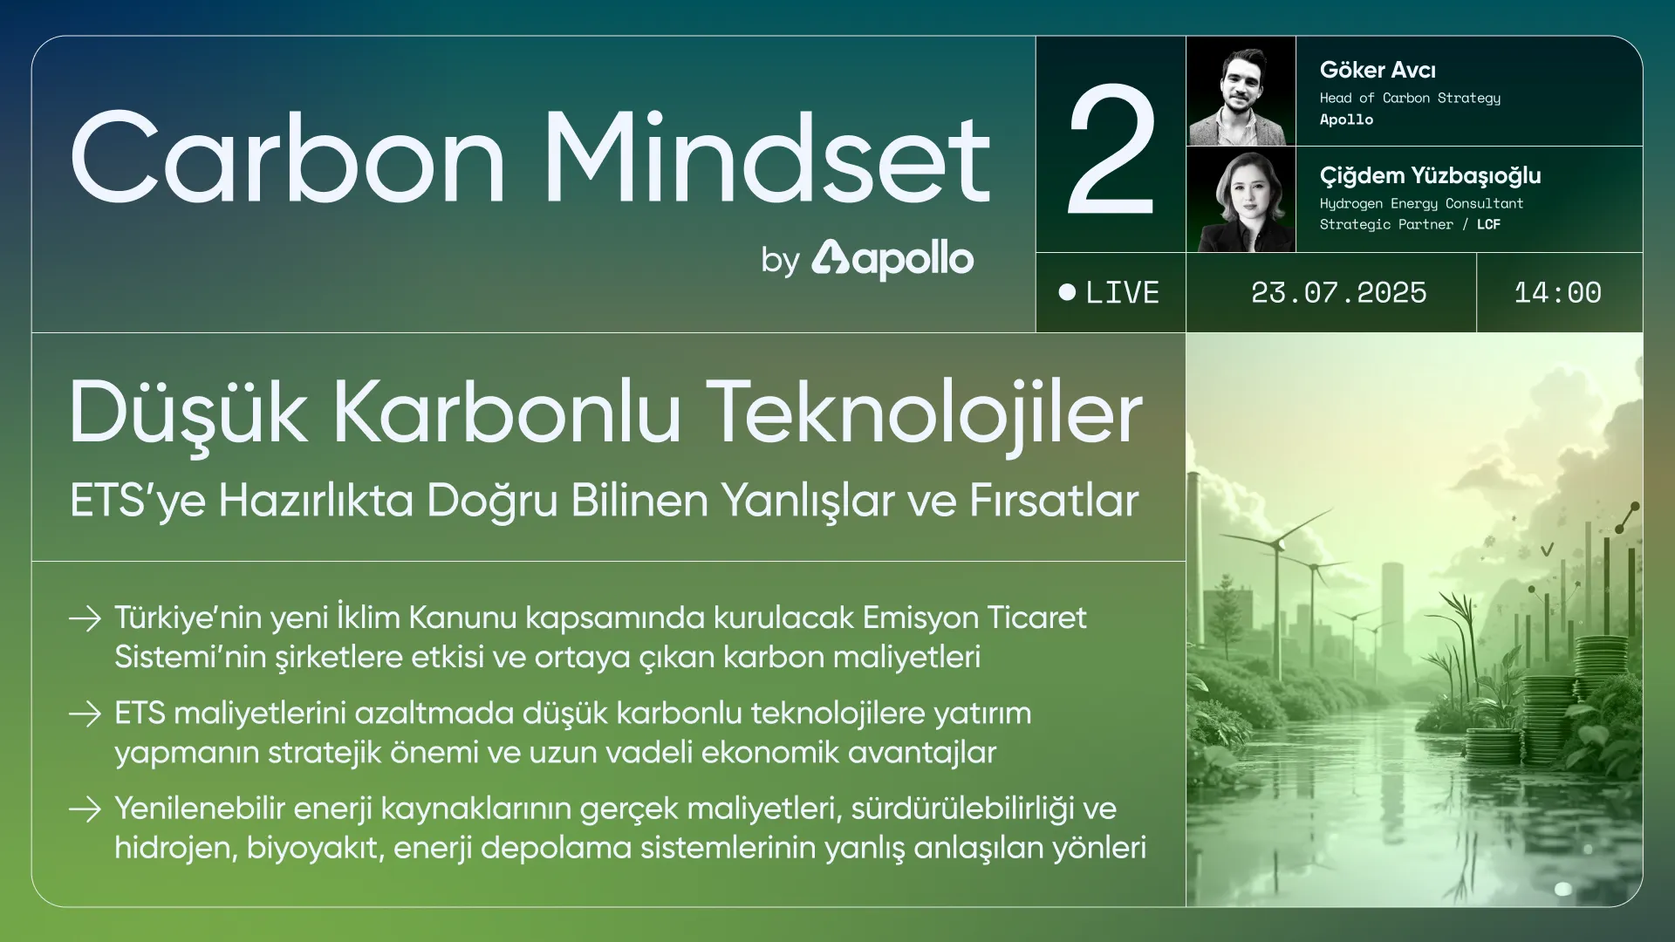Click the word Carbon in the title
pyautogui.click(x=288, y=158)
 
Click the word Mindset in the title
pyautogui.click(x=768, y=158)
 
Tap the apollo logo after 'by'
pyautogui.click(x=892, y=259)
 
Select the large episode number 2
pyautogui.click(x=1111, y=149)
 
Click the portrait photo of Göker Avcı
pyautogui.click(x=1241, y=92)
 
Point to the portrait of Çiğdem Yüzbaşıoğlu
pyautogui.click(x=1241, y=200)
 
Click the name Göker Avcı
pyautogui.click(x=1378, y=70)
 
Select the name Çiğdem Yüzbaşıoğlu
pyautogui.click(x=1430, y=176)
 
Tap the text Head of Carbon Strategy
pyautogui.click(x=1410, y=98)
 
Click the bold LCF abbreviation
pyautogui.click(x=1488, y=224)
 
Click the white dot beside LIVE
pyautogui.click(x=1067, y=292)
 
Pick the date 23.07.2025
pyautogui.click(x=1338, y=292)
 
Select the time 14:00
pyautogui.click(x=1557, y=292)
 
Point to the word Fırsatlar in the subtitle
pyautogui.click(x=1054, y=500)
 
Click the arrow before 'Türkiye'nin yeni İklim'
pyautogui.click(x=85, y=618)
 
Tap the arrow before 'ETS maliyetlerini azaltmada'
pyautogui.click(x=85, y=714)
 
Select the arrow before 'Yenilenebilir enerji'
pyautogui.click(x=85, y=809)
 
